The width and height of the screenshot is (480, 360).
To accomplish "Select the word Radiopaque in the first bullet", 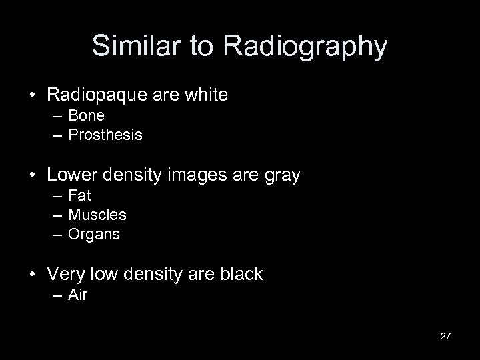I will pos(95,95).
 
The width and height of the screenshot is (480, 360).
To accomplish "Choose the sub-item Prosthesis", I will pos(105,135).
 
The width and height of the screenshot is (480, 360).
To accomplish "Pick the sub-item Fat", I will pos(80,196).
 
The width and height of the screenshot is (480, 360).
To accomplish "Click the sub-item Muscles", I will pos(97,215).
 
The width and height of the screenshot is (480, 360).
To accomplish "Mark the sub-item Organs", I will pos(95,235).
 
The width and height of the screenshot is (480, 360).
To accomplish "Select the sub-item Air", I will pos(78,294).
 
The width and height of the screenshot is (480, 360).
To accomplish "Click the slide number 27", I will pos(446,336).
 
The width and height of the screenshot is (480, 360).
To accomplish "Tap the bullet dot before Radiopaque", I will pos(32,95).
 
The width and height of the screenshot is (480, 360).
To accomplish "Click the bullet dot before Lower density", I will pos(32,175).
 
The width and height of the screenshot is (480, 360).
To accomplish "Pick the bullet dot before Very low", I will pos(32,274).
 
